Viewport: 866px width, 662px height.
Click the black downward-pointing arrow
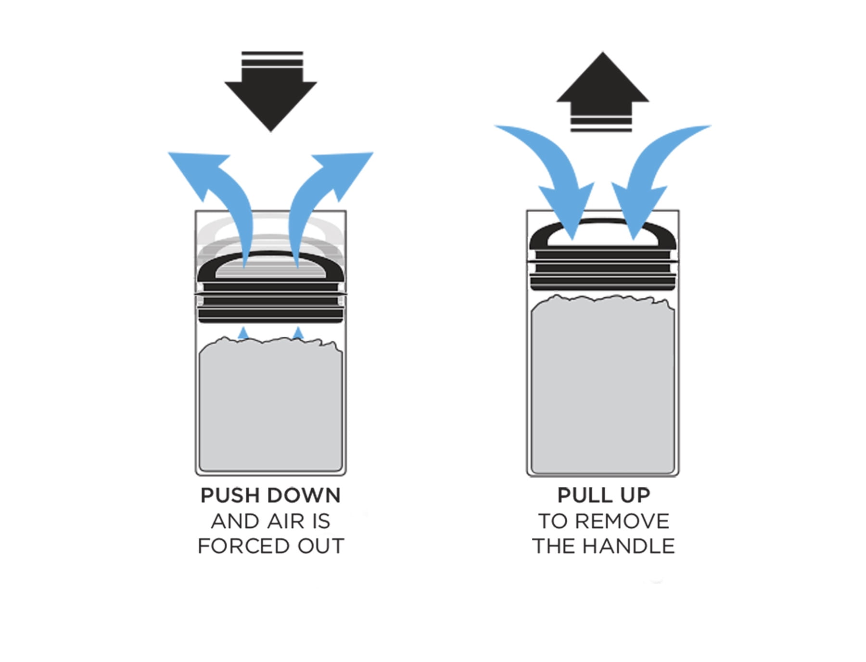tap(271, 91)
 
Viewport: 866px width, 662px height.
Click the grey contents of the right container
tap(603, 385)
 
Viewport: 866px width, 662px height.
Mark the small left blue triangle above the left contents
tap(243, 333)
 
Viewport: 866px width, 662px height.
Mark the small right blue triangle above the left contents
tap(298, 333)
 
